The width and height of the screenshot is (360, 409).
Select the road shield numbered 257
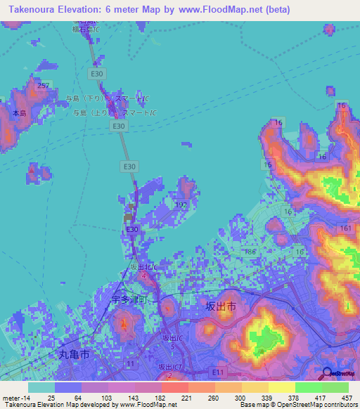pyautogui.click(x=44, y=86)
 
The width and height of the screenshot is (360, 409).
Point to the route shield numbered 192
pyautogui.click(x=181, y=205)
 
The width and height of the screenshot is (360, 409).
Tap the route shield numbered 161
pyautogui.click(x=345, y=229)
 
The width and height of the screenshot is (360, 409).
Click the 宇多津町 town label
pyautogui.click(x=131, y=299)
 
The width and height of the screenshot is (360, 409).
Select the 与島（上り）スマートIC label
pyautogui.click(x=110, y=112)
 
